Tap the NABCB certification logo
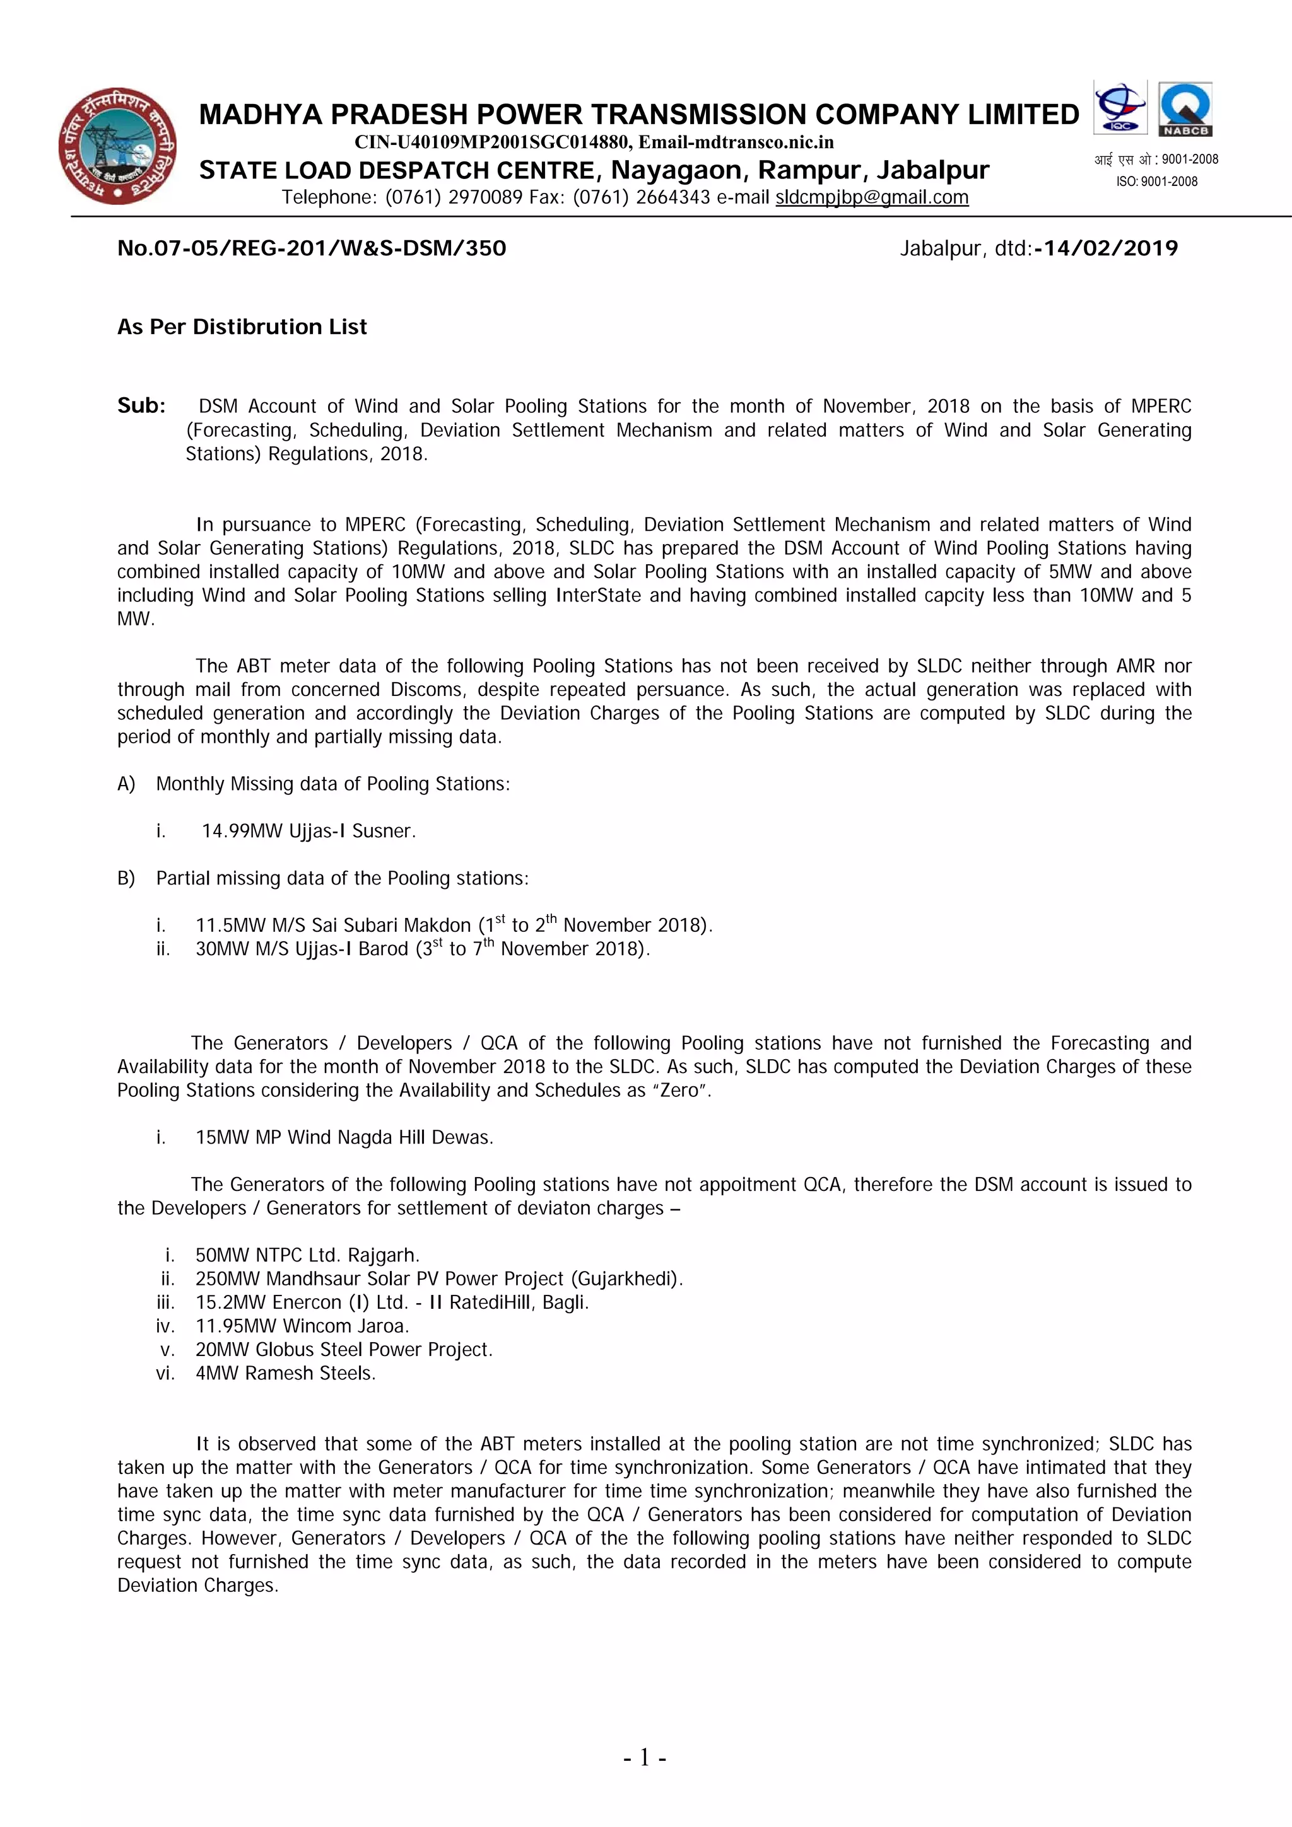tap(1185, 109)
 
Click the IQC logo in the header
tap(1119, 107)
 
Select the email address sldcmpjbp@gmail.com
tap(872, 197)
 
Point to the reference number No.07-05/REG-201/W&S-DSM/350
tap(311, 248)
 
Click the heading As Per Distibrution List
tap(242, 327)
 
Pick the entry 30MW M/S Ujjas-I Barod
tap(302, 949)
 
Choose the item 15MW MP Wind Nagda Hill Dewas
tap(344, 1137)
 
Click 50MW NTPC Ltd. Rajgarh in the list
tap(307, 1255)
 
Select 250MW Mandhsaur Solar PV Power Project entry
tap(438, 1279)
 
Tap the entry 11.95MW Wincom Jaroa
tap(302, 1326)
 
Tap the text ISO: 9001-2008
tap(1156, 182)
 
